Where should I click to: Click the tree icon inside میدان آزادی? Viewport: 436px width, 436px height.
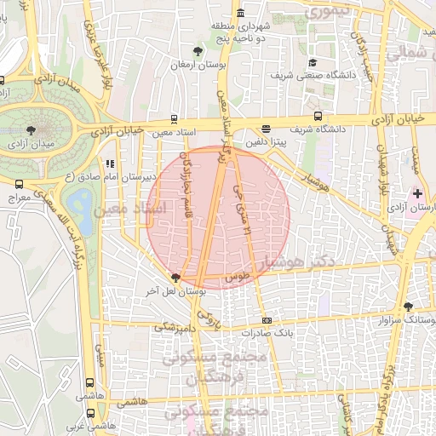(32, 129)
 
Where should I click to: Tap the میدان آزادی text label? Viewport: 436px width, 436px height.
(32, 144)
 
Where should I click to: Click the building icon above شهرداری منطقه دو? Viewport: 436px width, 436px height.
(241, 14)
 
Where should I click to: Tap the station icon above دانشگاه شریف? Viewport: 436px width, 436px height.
(318, 116)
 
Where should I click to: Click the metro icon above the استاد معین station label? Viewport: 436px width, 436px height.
(175, 119)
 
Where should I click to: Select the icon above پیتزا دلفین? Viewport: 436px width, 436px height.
(267, 129)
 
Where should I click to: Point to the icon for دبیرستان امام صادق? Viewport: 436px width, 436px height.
(109, 163)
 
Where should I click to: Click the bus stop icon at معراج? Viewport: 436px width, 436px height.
(19, 183)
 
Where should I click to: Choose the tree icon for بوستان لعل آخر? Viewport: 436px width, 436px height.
(175, 277)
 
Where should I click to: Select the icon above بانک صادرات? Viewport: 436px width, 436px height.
(267, 321)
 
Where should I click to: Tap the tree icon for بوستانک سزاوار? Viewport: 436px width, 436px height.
(408, 306)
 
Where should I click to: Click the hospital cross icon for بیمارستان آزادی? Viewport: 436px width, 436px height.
(416, 194)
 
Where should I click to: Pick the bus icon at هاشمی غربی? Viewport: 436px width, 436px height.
(90, 411)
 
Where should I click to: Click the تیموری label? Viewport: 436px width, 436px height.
(326, 12)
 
